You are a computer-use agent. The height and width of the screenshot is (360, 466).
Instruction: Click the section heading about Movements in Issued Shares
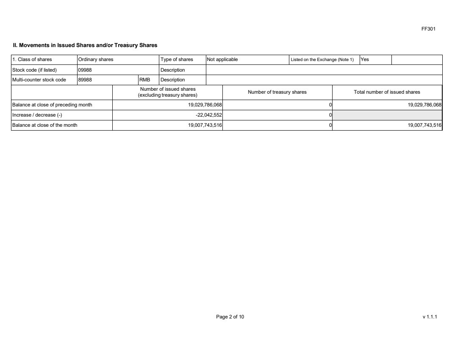click(86, 45)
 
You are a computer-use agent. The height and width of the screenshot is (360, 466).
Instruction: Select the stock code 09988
click(85, 70)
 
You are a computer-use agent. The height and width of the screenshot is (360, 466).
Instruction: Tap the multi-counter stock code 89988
click(85, 80)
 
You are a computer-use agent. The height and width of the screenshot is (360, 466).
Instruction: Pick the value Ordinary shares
click(96, 59)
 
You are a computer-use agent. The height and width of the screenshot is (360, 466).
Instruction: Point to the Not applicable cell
click(222, 59)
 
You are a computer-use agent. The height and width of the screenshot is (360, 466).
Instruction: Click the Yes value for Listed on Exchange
click(364, 59)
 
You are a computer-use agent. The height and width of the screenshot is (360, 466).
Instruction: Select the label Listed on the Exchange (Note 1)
click(322, 59)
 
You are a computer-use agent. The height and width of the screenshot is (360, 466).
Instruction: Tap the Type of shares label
click(177, 59)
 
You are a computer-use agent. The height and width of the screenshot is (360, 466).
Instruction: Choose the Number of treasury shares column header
click(277, 92)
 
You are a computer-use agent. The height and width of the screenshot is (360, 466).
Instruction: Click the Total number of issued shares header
click(387, 92)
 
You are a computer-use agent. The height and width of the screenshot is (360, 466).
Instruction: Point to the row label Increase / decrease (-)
click(37, 115)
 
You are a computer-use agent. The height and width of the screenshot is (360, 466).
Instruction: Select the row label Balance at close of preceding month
click(52, 105)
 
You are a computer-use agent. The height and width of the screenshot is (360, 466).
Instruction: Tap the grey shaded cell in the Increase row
click(387, 115)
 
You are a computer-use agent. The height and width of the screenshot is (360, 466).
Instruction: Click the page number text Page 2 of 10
click(230, 316)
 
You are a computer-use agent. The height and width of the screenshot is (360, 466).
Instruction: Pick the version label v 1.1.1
click(429, 316)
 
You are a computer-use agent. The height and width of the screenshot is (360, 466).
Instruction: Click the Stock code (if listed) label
click(34, 70)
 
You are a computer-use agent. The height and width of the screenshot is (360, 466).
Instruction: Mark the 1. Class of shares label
click(32, 59)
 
